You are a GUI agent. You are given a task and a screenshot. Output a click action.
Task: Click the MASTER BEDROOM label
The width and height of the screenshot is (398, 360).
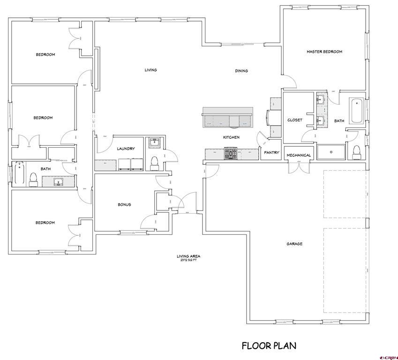[324, 52]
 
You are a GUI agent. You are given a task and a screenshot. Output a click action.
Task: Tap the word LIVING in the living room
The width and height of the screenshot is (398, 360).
[150, 70]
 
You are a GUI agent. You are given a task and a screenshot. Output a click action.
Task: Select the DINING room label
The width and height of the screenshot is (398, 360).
[241, 71]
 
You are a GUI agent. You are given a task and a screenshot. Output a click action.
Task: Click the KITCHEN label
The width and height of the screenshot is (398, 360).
[231, 137]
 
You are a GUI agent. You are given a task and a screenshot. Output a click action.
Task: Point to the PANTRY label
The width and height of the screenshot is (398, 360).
[271, 152]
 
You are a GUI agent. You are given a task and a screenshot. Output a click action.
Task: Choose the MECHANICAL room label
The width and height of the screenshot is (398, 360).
[299, 155]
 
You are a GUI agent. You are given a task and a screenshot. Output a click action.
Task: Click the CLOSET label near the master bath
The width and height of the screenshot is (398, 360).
[295, 120]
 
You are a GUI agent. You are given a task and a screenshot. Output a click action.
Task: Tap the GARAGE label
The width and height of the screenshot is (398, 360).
[295, 244]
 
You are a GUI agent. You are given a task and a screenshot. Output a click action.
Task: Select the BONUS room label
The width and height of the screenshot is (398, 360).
[124, 204]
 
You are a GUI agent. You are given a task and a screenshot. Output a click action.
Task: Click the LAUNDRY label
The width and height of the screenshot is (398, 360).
[126, 149]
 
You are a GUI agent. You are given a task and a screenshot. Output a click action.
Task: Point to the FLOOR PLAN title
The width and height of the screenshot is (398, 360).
[269, 346]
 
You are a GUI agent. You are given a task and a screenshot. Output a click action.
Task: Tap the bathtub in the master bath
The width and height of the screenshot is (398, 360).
[357, 111]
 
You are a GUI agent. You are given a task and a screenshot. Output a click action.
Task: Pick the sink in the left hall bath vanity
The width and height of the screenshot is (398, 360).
[58, 181]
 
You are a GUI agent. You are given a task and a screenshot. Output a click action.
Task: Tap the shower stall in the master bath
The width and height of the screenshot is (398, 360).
[331, 152]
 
